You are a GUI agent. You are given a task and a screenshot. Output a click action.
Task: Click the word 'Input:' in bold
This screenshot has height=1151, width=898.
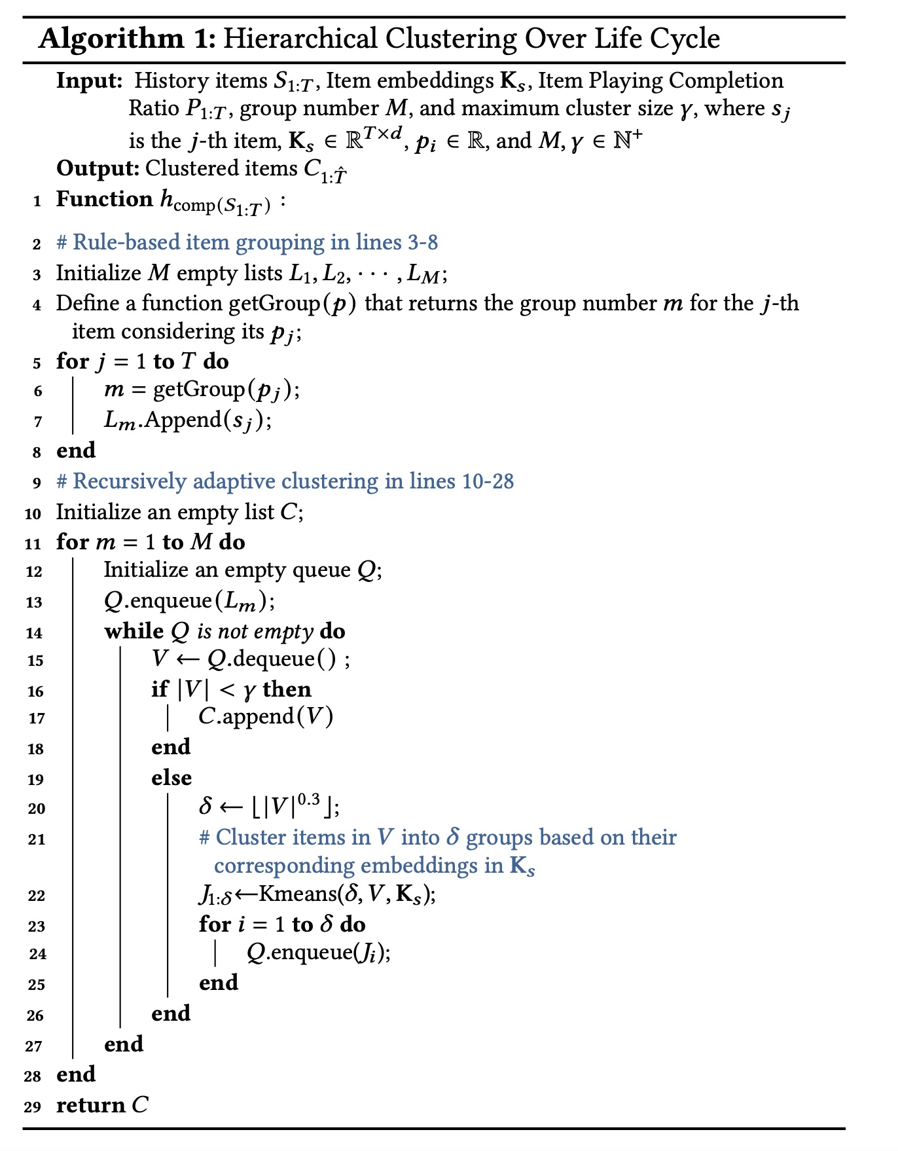coord(90,81)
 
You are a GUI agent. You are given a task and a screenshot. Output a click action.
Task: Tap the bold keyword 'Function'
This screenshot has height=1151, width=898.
coord(104,199)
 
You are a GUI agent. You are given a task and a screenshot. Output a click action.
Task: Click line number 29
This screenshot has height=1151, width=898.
coord(33,1107)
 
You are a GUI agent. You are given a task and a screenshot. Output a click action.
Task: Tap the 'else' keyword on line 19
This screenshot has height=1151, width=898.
coord(171,778)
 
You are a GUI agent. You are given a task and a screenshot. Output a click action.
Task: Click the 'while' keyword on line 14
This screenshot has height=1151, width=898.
coord(134,631)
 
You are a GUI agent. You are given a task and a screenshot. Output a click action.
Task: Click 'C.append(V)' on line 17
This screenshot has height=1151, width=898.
coord(266,716)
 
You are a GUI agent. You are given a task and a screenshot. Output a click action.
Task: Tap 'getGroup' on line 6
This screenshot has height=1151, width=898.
coord(198,390)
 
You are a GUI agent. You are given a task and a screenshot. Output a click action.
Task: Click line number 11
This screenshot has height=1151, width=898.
coord(33,543)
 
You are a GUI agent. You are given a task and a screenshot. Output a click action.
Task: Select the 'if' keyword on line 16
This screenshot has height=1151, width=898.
coord(160,689)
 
